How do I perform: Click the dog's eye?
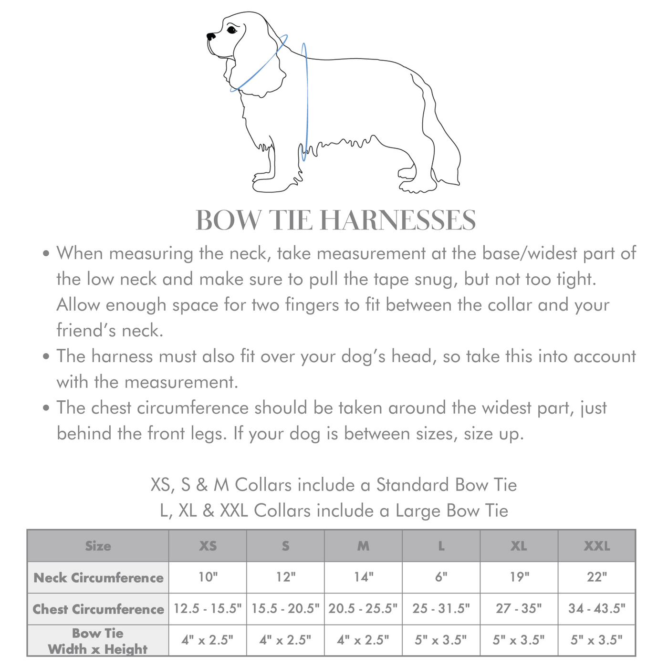[x=232, y=30]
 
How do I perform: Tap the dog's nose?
[x=209, y=35]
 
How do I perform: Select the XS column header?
[x=208, y=546]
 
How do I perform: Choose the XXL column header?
[x=597, y=546]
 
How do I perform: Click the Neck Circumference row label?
[x=98, y=578]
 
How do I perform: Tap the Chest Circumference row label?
[x=98, y=609]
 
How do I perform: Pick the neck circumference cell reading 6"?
[x=441, y=577]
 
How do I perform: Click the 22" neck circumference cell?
[x=597, y=577]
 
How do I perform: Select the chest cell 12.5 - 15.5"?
[x=208, y=609]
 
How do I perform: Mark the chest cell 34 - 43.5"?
[x=597, y=609]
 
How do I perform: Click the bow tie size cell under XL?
[x=519, y=640]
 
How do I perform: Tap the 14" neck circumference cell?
[x=363, y=577]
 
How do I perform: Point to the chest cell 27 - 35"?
[x=519, y=609]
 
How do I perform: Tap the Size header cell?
[x=98, y=546]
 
